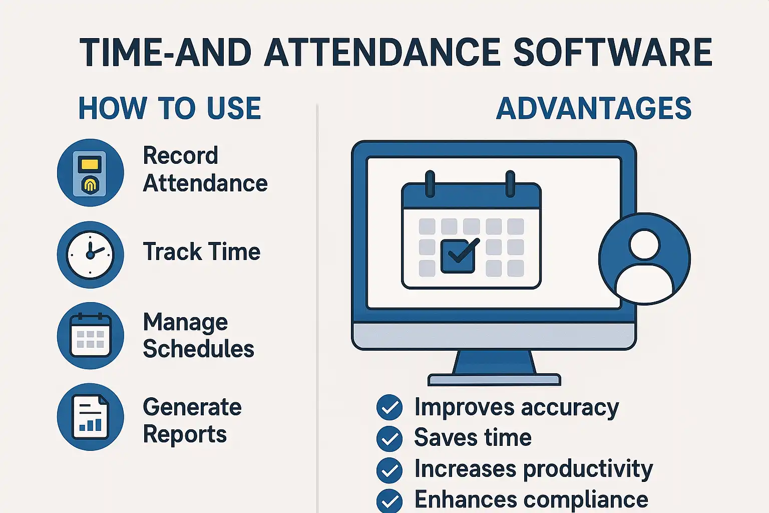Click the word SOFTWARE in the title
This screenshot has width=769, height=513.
pyautogui.click(x=612, y=52)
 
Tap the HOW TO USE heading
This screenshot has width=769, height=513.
pyautogui.click(x=170, y=108)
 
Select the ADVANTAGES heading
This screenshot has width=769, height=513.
pyautogui.click(x=594, y=108)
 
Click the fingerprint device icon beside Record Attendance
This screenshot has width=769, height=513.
pyautogui.click(x=90, y=172)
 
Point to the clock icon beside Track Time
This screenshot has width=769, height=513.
pyautogui.click(x=90, y=254)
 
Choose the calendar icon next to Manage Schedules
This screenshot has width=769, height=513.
pyautogui.click(x=90, y=336)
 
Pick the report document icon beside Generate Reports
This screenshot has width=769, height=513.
pyautogui.click(x=90, y=417)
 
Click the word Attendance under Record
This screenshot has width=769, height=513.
pyautogui.click(x=205, y=183)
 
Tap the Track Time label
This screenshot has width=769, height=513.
pyautogui.click(x=202, y=251)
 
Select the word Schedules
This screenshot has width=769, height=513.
pyautogui.click(x=198, y=349)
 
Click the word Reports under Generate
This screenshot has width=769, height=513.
pyautogui.click(x=185, y=434)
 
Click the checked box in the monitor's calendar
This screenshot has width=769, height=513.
pyautogui.click(x=458, y=256)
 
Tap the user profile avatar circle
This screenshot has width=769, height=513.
pyautogui.click(x=644, y=259)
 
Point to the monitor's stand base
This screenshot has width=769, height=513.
pyautogui.click(x=494, y=380)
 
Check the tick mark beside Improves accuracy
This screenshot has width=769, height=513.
pyautogui.click(x=390, y=407)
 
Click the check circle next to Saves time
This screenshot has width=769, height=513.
pyautogui.click(x=390, y=438)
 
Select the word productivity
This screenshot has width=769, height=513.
pyautogui.click(x=588, y=469)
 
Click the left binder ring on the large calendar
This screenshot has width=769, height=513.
pyautogui.click(x=430, y=184)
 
